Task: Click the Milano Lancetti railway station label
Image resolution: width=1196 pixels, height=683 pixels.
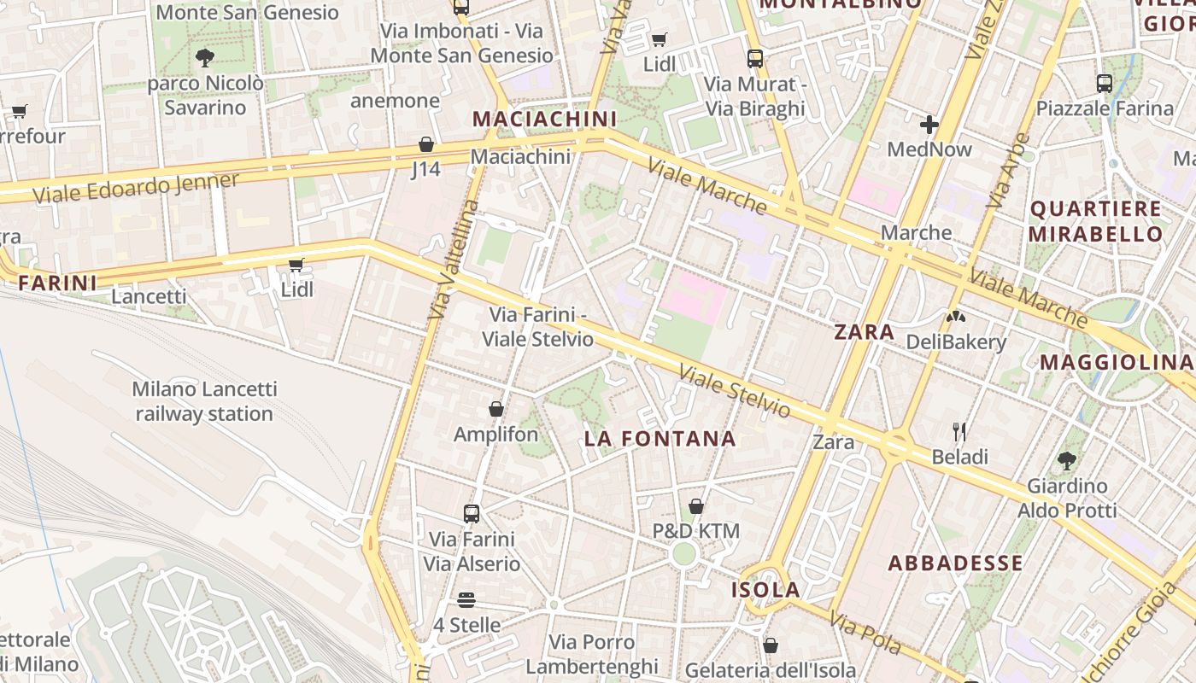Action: tap(204, 401)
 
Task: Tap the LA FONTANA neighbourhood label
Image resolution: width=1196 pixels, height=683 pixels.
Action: tap(660, 439)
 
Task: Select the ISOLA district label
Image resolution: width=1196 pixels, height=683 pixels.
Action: tap(765, 589)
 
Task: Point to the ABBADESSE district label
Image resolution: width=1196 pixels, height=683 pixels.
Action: tap(955, 563)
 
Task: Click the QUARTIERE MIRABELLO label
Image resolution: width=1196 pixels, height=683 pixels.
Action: tap(1095, 221)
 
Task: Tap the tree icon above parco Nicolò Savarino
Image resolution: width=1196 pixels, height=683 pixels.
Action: tap(204, 58)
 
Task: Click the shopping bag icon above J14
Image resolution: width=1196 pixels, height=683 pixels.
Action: tap(426, 144)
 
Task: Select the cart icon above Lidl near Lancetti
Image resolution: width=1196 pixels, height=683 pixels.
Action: tap(296, 265)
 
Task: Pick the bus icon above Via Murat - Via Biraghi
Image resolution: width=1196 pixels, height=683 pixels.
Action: tap(755, 58)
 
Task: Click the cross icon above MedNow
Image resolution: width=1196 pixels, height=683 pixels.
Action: tap(929, 125)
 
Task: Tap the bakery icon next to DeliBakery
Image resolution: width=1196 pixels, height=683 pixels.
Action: tap(955, 317)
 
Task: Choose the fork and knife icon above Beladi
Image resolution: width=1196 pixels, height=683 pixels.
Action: tap(959, 431)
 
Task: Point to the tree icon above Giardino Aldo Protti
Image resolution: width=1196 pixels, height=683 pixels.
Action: tap(1066, 461)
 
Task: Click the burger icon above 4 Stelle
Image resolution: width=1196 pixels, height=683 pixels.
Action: tap(466, 599)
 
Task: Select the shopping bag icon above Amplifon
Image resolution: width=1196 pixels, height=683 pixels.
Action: tap(495, 409)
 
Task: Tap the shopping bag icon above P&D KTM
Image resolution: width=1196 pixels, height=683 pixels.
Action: tap(696, 506)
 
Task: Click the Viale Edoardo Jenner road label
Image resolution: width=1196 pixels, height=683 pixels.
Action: tap(136, 188)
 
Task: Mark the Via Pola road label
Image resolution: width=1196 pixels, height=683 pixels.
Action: tap(865, 633)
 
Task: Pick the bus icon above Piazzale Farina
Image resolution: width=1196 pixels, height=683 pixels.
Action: tap(1105, 84)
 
